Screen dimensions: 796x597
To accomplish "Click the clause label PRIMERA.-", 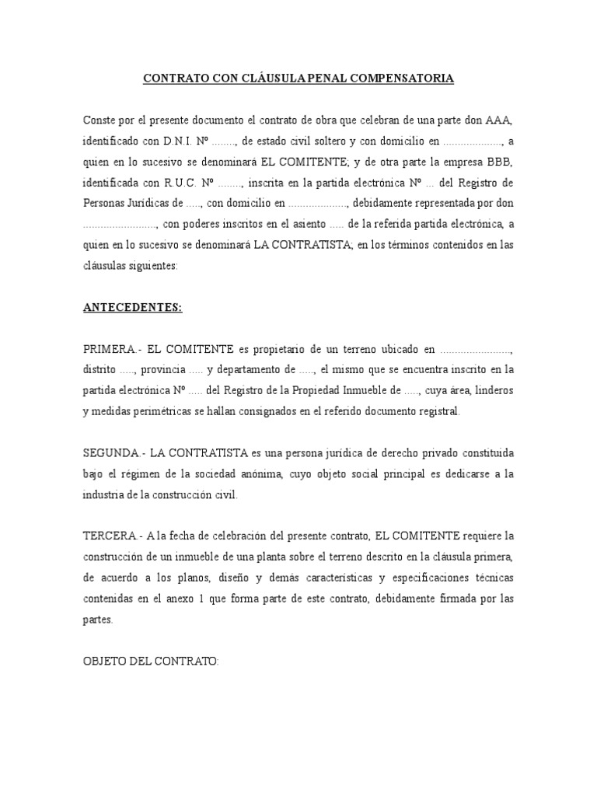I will coord(114,349).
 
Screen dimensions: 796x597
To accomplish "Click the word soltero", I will coord(321,141).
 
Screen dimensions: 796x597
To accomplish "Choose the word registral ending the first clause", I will coord(435,412).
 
